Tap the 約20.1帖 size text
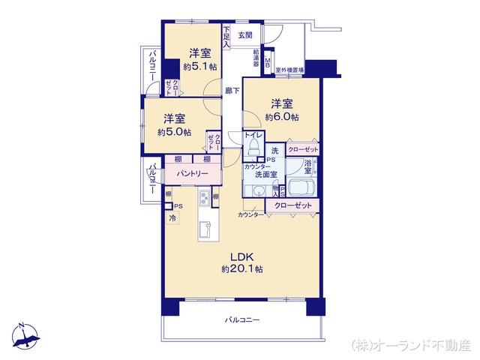[241, 268]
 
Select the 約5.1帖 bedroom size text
[199, 66]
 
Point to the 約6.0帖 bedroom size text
[282, 117]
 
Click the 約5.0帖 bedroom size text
[174, 132]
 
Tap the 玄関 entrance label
[245, 34]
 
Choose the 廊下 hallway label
[232, 91]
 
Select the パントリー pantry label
[193, 173]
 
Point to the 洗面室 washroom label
[265, 174]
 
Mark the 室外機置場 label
[289, 70]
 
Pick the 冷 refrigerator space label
[172, 218]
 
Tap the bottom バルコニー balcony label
[241, 320]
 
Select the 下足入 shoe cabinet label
[226, 38]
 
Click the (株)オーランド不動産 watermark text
[412, 345]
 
